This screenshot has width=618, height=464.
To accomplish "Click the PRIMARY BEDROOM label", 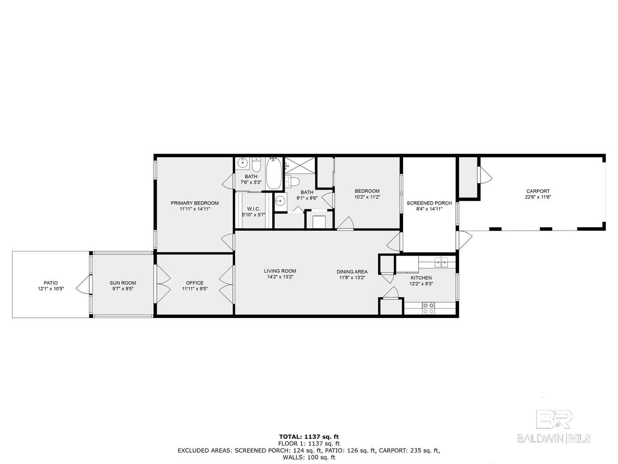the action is [195, 203].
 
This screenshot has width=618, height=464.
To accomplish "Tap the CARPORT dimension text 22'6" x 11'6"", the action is [538, 197].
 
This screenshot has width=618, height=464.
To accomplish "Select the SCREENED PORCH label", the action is [429, 203].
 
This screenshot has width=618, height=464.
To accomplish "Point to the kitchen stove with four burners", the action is [428, 308].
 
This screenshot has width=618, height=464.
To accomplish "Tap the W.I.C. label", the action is [253, 209].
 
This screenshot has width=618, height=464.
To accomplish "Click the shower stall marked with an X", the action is [299, 166].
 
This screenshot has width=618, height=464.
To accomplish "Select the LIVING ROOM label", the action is [280, 271].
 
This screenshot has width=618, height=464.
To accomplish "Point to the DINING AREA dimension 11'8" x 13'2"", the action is [352, 277].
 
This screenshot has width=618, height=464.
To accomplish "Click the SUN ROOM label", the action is [123, 283].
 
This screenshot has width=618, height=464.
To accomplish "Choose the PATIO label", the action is [51, 283].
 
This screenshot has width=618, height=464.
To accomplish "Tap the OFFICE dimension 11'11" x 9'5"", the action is [195, 289].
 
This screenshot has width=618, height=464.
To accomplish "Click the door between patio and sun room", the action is [84, 285].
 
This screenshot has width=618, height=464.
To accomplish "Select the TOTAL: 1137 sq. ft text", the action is [309, 436].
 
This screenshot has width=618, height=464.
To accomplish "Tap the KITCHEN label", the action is [421, 277].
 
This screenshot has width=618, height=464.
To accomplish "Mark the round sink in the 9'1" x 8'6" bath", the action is [280, 201].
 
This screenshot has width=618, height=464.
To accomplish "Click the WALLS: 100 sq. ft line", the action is [309, 457].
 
